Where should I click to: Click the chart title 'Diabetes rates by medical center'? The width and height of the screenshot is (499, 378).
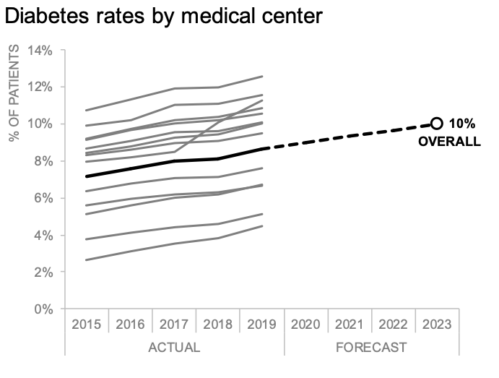coord(164,16)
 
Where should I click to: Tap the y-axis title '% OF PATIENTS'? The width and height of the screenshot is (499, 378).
coord(14,93)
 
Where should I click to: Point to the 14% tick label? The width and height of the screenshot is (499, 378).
coord(40,51)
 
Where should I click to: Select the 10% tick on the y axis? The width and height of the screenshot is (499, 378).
coord(40,124)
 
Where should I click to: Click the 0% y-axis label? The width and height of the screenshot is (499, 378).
coord(43,309)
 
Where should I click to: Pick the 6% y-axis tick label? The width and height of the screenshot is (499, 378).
coord(43,198)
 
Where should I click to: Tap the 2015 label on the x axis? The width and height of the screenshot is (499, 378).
coord(86,325)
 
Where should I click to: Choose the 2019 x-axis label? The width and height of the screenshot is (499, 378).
coord(261,325)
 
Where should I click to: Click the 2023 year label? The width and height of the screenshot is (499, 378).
coord(437,325)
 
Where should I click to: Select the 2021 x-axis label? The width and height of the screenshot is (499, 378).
coord(349,325)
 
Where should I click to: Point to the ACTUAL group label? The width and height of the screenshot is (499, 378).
coord(174,348)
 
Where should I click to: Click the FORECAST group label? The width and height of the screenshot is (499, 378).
coord(371,348)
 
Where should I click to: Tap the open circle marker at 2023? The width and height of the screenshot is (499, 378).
coord(437,124)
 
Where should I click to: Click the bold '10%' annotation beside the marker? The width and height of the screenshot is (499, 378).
coord(462,124)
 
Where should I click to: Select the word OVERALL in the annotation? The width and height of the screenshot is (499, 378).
coord(449,142)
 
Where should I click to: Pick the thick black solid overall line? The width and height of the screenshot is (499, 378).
coord(174,161)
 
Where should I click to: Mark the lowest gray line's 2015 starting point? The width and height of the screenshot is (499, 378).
coord(86,260)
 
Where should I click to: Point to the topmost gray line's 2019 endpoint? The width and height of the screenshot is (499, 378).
coord(262,76)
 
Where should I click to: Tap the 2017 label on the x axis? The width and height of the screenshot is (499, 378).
coord(174,325)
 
